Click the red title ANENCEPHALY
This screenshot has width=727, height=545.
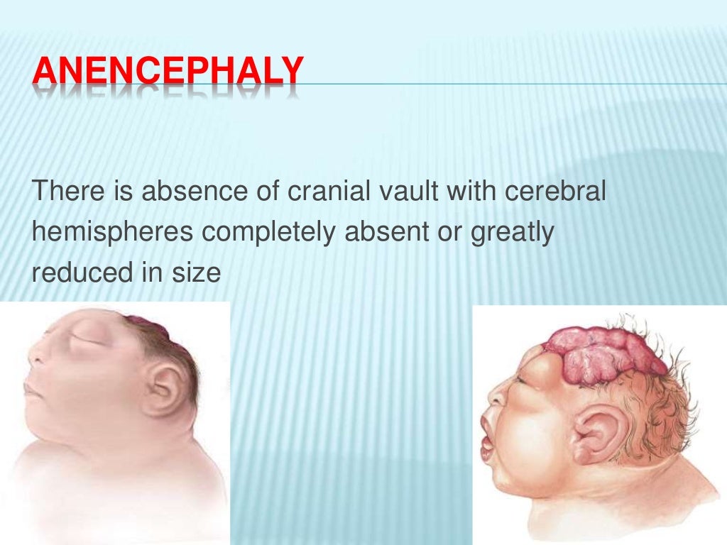(x=168, y=73)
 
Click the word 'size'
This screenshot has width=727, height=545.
(x=195, y=273)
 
